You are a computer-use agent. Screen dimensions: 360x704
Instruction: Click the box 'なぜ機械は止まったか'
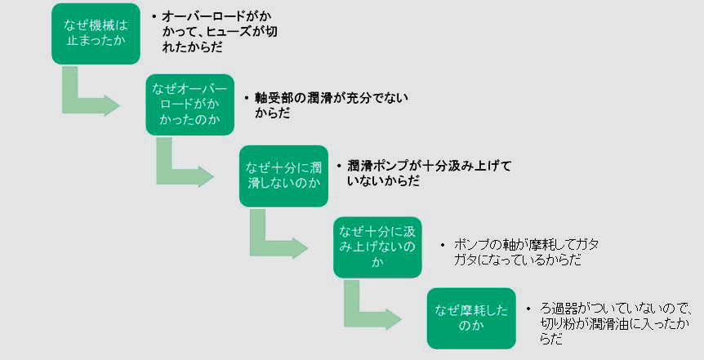[96, 33]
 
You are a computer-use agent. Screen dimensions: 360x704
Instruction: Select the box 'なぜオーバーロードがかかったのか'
[189, 104]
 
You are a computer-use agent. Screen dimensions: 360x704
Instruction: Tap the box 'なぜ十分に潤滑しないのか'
[283, 176]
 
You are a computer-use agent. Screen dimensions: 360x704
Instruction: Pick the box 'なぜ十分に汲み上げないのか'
[377, 247]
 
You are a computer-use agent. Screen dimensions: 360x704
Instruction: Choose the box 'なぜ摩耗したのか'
[471, 318]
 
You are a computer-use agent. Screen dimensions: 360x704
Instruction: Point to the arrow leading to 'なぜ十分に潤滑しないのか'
[180, 167]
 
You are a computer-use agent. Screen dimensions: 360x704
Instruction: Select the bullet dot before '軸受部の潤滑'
[248, 97]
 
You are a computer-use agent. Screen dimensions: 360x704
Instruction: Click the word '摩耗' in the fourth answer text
[540, 244]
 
